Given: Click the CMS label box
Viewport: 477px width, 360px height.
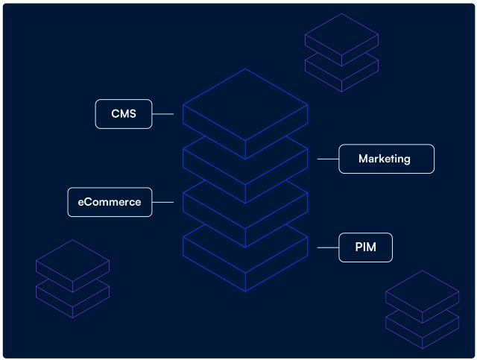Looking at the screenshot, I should tap(124, 114).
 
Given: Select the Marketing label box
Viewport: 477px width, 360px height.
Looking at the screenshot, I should tap(386, 159).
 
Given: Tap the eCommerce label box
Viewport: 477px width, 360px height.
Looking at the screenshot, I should tap(110, 202).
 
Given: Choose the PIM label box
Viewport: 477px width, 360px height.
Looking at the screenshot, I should tap(365, 247).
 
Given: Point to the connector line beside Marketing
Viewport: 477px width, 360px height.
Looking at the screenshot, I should tap(328, 159).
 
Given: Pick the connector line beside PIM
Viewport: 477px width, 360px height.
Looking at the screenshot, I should tap(328, 247).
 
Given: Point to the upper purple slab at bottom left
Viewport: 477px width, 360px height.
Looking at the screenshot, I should tap(72, 262).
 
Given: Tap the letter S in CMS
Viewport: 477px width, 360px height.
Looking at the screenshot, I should tap(133, 114).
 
